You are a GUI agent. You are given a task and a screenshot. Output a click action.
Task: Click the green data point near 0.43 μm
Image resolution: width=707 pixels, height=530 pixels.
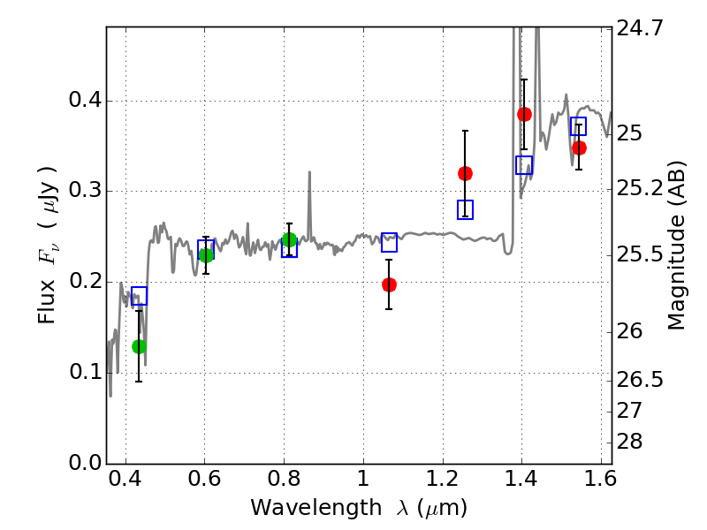(139, 346)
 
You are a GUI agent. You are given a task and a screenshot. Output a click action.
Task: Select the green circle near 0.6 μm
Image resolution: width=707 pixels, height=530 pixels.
(206, 255)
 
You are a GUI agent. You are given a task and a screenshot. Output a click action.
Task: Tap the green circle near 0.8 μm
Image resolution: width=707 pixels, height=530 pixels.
(289, 239)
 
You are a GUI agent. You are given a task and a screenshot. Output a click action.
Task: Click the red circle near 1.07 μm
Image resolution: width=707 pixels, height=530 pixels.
(389, 284)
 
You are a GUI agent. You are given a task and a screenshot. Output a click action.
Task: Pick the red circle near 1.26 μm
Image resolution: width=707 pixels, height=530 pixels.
(465, 173)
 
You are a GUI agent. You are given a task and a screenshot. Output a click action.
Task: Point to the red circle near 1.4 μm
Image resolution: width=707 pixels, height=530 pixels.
(524, 114)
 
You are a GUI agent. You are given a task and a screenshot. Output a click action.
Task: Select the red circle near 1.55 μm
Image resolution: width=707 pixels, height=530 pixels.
(579, 148)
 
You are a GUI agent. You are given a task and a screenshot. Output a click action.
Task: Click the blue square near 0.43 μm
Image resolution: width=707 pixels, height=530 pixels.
(139, 296)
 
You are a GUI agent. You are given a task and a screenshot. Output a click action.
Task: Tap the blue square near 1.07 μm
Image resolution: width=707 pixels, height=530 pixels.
(389, 242)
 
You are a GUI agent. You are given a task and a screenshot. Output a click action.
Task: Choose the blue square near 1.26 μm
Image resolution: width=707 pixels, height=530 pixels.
(465, 209)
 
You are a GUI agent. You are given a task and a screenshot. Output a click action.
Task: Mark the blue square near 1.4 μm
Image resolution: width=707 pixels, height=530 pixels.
(524, 165)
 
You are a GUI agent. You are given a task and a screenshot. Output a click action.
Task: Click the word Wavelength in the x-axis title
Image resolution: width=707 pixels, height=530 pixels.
(300, 508)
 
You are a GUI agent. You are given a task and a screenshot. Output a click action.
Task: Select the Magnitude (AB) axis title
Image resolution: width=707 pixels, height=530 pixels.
(677, 246)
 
